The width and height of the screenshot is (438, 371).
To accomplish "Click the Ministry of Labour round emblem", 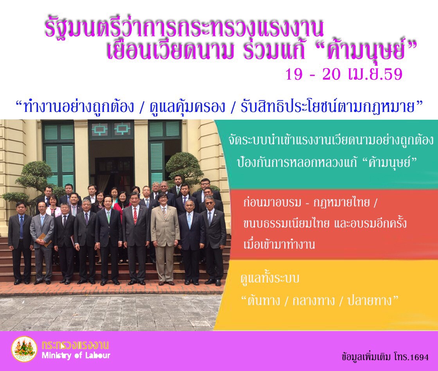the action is pyautogui.click(x=24, y=349).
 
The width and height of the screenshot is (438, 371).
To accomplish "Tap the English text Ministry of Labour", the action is pyautogui.click(x=76, y=356).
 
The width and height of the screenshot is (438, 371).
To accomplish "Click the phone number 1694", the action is pyautogui.click(x=418, y=357).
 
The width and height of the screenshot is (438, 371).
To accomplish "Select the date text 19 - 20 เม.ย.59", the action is pyautogui.click(x=344, y=74).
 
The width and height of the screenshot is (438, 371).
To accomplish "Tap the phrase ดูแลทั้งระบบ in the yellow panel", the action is pyautogui.click(x=270, y=279).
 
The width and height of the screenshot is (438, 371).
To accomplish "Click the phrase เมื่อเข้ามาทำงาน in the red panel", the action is pyautogui.click(x=279, y=244).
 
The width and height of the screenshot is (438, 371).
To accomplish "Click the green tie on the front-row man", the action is pyautogui.click(x=108, y=217).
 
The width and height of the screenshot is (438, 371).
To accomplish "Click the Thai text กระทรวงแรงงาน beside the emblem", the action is pyautogui.click(x=75, y=345).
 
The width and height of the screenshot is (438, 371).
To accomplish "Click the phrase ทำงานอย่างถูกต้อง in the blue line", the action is pyautogui.click(x=79, y=106).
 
